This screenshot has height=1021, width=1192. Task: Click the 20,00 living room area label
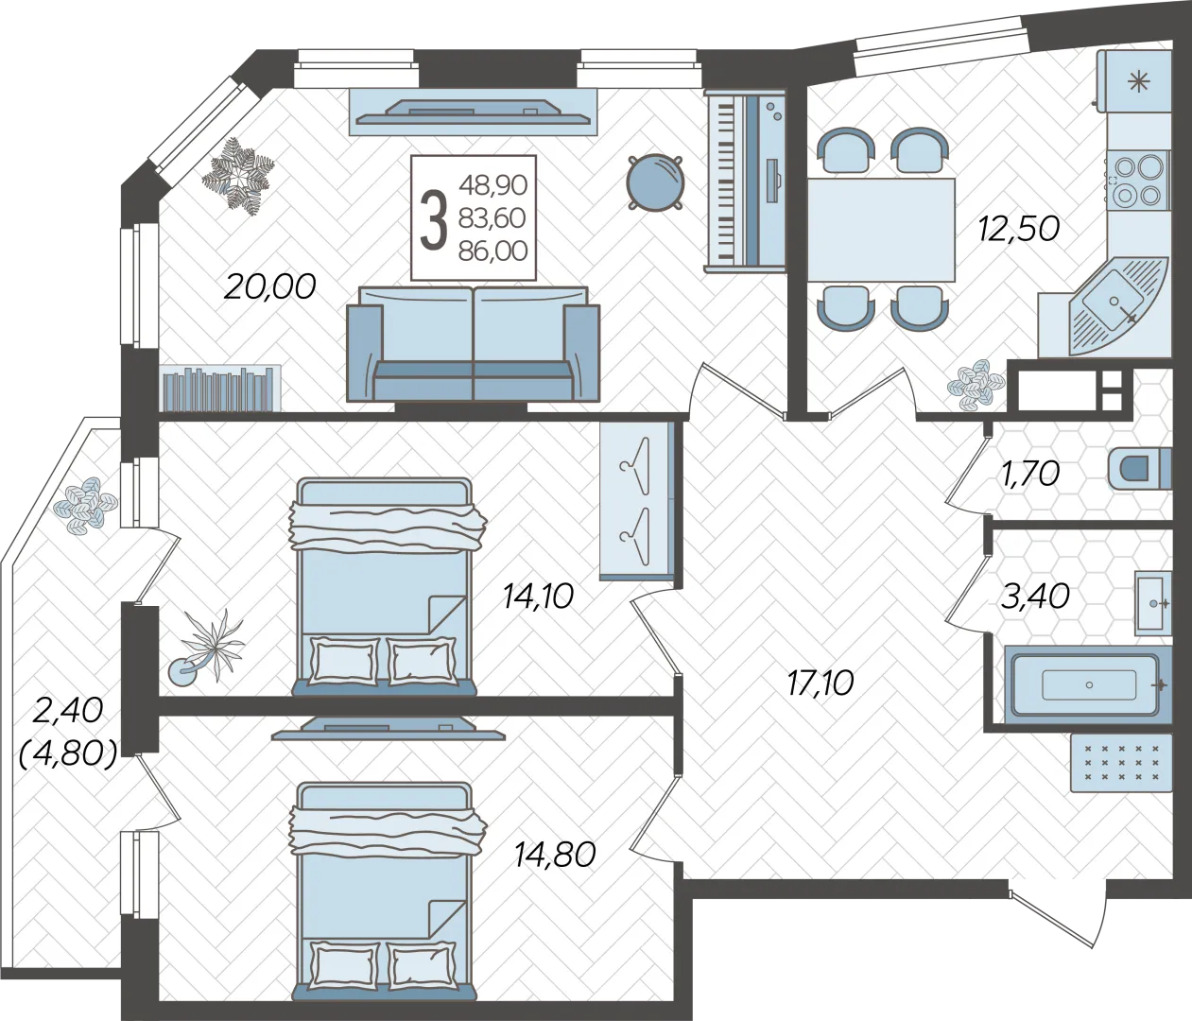270,286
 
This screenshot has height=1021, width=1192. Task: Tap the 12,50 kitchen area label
1019,229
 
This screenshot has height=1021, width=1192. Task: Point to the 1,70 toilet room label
1028,475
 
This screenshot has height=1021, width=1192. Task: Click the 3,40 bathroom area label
1035,596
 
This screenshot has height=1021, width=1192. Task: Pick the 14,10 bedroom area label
538,596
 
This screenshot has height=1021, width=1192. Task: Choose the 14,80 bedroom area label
555,855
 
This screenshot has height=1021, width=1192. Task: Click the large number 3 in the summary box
434,218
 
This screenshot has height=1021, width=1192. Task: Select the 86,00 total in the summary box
493,251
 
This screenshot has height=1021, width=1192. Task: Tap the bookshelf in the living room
219,388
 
